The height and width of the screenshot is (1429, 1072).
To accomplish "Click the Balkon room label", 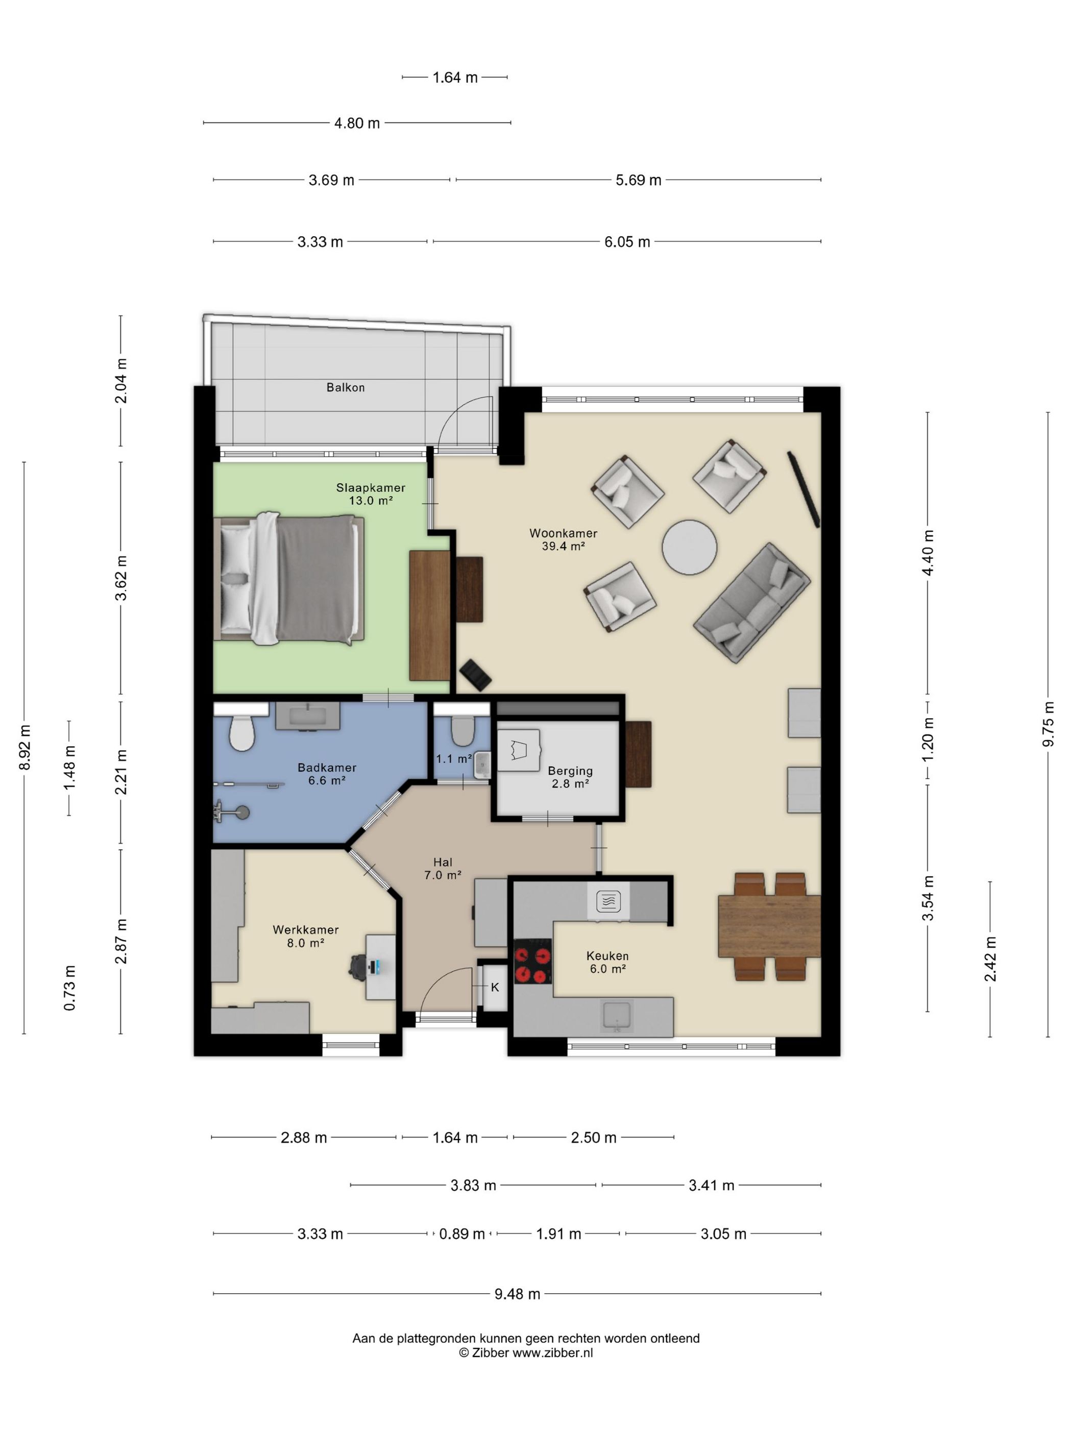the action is pos(345,387).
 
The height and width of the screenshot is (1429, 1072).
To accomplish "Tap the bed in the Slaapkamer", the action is pos(288,578).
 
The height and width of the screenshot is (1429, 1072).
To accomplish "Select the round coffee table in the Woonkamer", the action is pos(689,547).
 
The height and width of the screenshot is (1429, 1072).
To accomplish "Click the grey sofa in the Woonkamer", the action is pos(751,602).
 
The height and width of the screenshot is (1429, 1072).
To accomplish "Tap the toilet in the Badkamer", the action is pos(241,732).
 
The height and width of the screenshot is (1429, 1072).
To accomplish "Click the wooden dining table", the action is pos(769,926).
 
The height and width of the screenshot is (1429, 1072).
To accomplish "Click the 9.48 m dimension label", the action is pos(517,1294).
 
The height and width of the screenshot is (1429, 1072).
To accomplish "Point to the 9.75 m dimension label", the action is pos(1047,724).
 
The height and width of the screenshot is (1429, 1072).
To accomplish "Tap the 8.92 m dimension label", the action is pos(25,748).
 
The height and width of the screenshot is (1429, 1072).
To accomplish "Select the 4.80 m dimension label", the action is pos(357,123).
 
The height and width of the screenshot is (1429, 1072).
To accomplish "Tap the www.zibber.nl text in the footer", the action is pos(552,1353).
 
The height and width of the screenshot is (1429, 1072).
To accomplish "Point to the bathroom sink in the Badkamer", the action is pos(308,716).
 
